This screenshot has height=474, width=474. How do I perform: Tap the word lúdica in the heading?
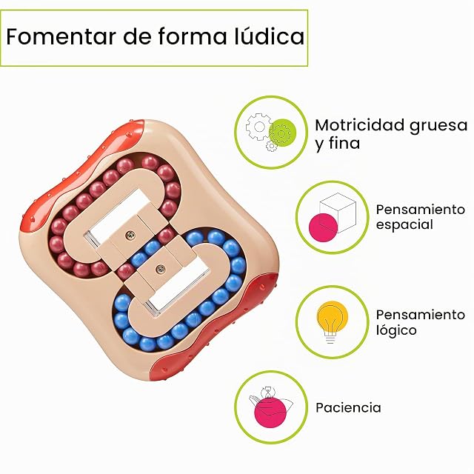270,36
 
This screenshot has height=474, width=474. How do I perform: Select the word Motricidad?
360,125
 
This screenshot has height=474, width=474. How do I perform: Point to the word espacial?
404,225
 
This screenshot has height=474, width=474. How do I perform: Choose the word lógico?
396,330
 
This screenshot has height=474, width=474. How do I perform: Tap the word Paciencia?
348,408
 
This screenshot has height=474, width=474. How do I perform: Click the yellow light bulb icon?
332,321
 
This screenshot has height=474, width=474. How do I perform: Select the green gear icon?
282,133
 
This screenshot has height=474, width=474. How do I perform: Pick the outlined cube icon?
338,213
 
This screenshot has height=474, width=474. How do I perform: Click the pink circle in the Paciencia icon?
270,413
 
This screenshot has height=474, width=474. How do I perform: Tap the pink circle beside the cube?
323,227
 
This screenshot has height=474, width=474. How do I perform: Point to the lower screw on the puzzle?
160,268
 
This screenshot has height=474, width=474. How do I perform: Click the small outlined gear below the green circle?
272,147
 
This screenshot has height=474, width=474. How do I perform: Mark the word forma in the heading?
193,36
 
